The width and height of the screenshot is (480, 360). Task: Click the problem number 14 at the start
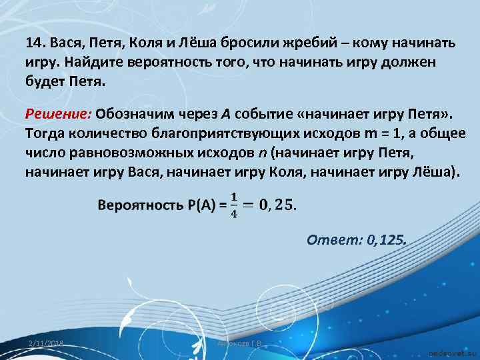[x=34, y=43]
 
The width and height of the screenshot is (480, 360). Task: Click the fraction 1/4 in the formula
[x=233, y=204]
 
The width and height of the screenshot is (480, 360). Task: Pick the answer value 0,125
[x=386, y=239]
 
